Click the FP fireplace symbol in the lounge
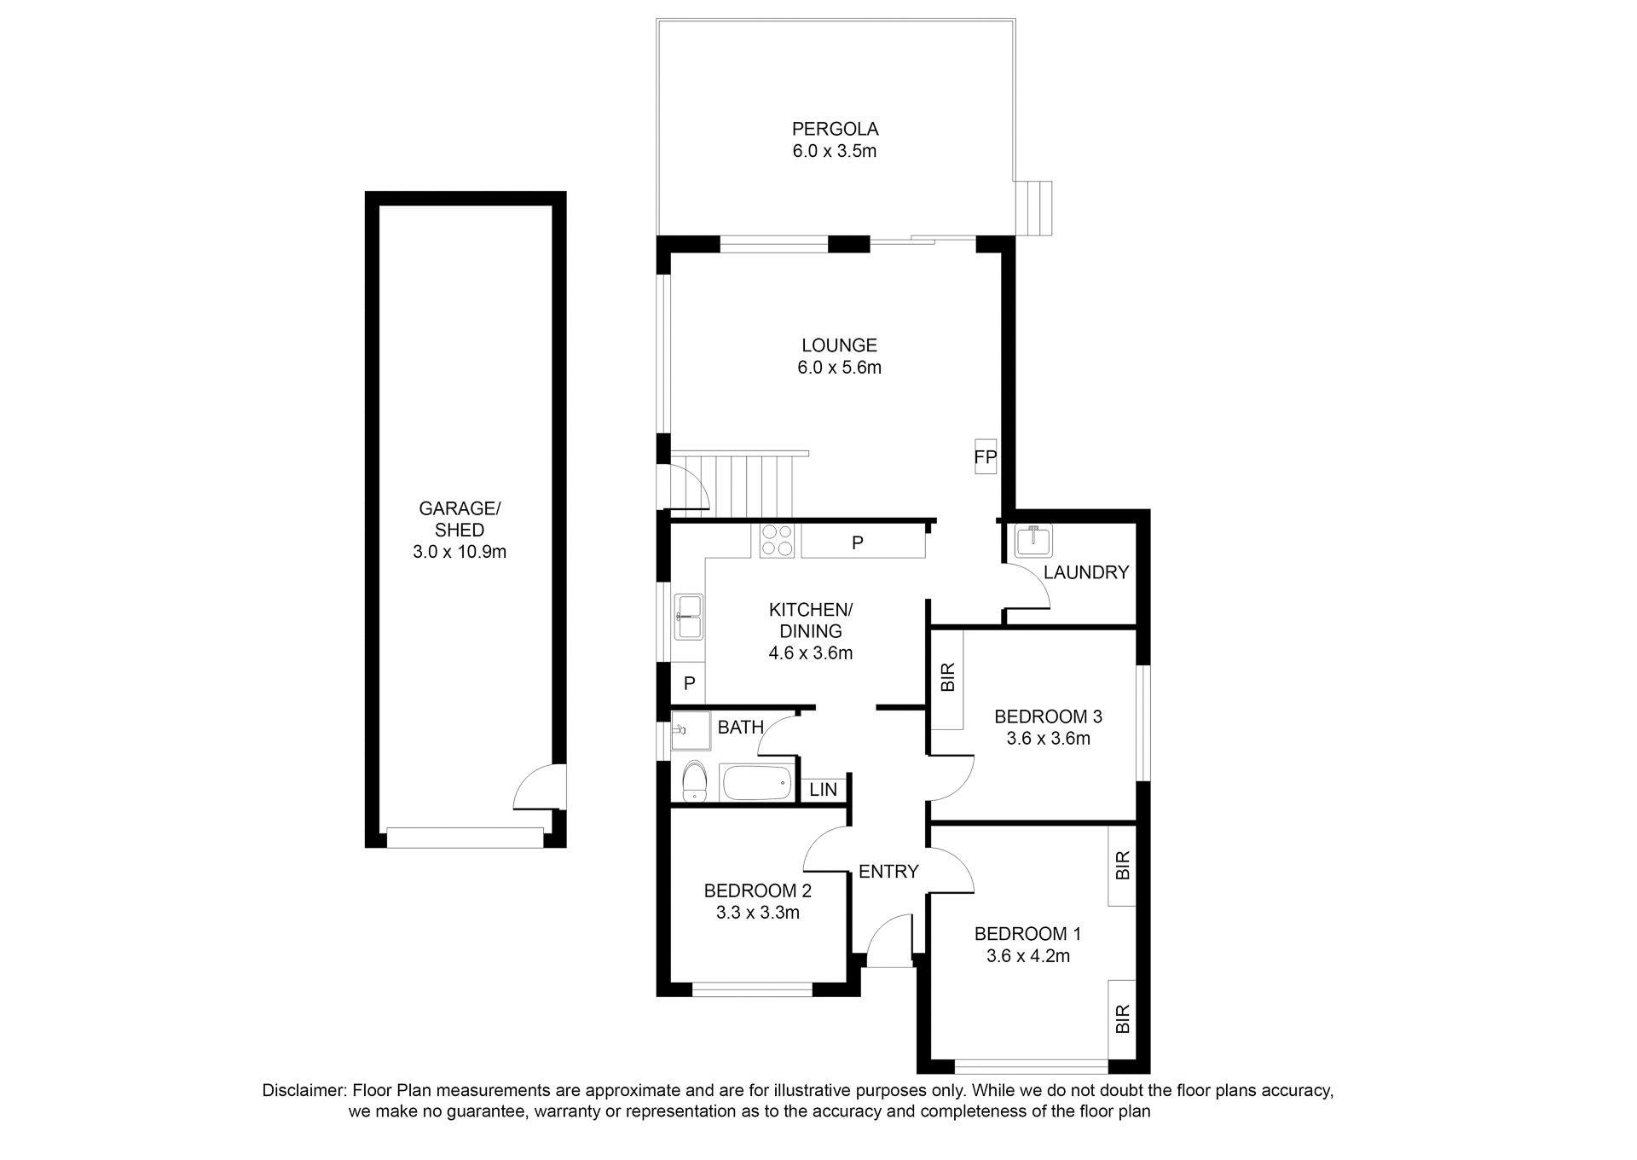click(x=986, y=457)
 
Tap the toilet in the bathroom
click(x=695, y=781)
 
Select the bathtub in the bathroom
click(x=757, y=782)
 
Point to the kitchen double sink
click(x=688, y=617)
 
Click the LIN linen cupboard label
click(x=824, y=790)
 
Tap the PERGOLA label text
click(x=835, y=130)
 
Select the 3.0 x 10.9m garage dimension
click(x=460, y=552)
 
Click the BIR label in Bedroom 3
click(x=947, y=677)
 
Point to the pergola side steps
click(x=1038, y=208)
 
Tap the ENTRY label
click(x=888, y=872)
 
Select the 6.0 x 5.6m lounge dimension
click(x=840, y=368)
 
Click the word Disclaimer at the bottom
click(x=304, y=1091)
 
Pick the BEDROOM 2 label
click(x=757, y=891)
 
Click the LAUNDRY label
click(x=1085, y=572)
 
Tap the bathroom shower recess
click(x=691, y=731)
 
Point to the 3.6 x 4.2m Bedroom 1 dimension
click(x=1027, y=956)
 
